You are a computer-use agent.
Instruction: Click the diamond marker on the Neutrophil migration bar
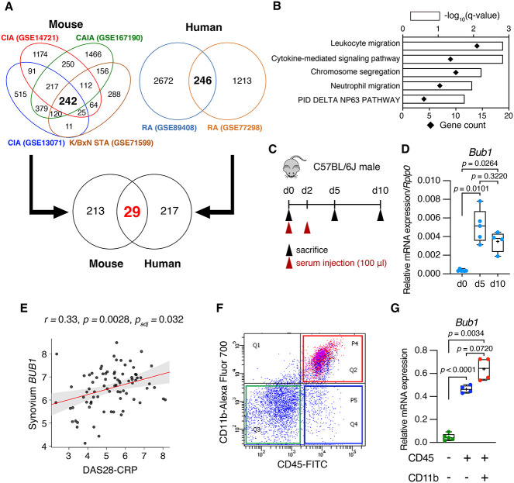click(x=440, y=85)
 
